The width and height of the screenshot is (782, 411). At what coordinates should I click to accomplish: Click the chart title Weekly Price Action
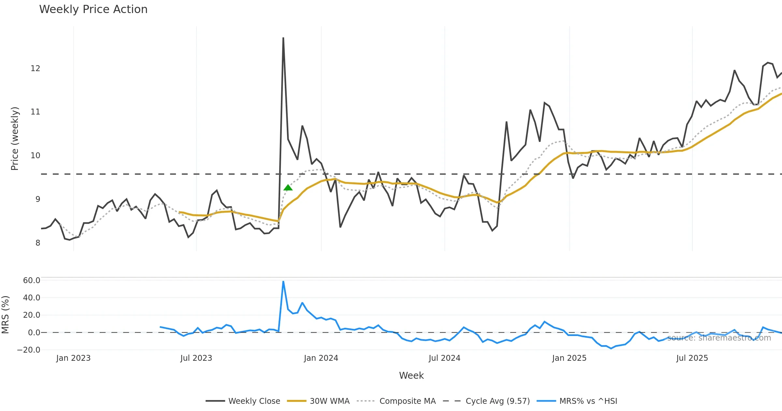click(x=93, y=9)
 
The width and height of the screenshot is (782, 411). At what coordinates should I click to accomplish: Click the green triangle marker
click(x=288, y=188)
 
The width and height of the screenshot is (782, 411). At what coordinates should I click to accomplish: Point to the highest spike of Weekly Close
click(x=283, y=38)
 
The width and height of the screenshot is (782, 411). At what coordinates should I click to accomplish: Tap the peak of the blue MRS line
click(x=283, y=281)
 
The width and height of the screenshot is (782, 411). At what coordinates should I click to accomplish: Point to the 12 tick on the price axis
click(x=35, y=68)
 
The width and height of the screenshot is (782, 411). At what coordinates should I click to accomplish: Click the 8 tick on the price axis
click(x=38, y=243)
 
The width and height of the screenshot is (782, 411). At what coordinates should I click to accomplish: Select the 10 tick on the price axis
click(x=35, y=156)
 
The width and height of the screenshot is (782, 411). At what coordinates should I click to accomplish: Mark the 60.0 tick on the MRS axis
click(x=32, y=281)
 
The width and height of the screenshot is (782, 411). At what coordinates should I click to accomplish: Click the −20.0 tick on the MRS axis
click(x=29, y=350)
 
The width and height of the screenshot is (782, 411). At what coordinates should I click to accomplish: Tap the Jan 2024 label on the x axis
click(x=321, y=358)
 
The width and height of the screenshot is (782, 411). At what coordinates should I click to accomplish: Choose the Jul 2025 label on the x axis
click(x=692, y=358)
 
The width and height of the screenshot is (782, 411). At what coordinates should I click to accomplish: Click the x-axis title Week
click(x=411, y=376)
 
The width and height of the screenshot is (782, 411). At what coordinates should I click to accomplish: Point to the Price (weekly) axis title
click(x=15, y=139)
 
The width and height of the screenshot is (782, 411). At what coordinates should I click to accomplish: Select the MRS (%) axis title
click(x=5, y=315)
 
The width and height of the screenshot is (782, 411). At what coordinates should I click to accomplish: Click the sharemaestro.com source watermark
click(x=719, y=338)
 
